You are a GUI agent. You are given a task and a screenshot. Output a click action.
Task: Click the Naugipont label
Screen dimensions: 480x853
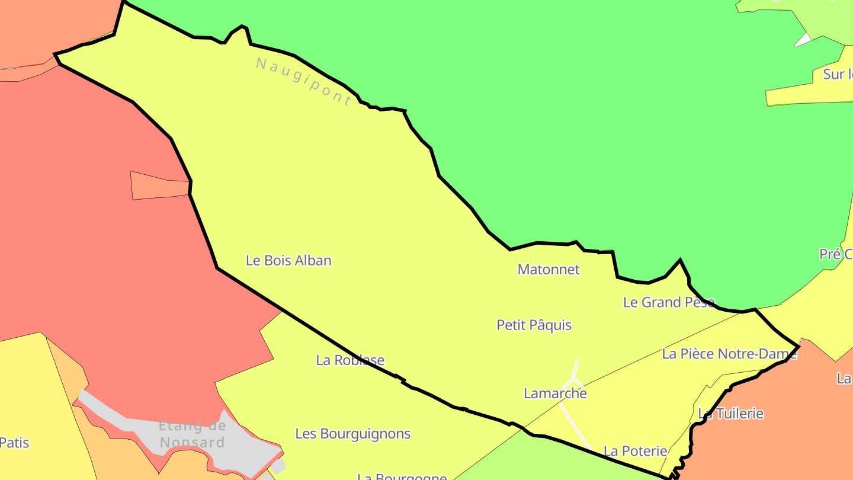(x=304, y=81)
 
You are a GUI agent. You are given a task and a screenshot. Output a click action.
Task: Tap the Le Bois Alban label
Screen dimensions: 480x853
(x=288, y=260)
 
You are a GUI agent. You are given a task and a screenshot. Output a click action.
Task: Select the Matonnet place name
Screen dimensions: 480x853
(x=549, y=269)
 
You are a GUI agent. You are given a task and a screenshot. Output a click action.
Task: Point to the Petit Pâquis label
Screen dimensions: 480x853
(x=534, y=325)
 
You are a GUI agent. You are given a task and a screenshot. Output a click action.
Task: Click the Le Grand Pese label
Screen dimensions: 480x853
(x=669, y=302)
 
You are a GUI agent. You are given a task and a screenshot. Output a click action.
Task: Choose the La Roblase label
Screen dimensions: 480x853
(x=350, y=360)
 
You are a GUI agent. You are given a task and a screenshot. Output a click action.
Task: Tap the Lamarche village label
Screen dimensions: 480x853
(x=555, y=393)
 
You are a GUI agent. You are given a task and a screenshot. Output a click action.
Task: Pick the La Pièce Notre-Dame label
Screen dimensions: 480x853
(x=729, y=354)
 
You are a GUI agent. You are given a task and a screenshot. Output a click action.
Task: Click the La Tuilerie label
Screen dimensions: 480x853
(x=730, y=413)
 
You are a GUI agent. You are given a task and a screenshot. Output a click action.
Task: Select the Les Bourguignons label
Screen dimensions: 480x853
(x=352, y=433)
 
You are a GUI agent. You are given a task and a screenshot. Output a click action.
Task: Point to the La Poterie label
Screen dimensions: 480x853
(x=635, y=451)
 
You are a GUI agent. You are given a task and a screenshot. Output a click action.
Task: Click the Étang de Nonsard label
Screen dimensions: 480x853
(x=193, y=434)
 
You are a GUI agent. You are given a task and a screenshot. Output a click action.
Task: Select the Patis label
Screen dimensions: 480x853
(x=14, y=442)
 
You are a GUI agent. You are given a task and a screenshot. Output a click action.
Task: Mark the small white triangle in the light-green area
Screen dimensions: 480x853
(x=803, y=40)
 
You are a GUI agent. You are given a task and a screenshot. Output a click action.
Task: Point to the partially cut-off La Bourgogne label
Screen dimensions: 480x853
(x=402, y=476)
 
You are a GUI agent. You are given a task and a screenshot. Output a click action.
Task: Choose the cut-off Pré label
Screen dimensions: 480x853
(x=835, y=254)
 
